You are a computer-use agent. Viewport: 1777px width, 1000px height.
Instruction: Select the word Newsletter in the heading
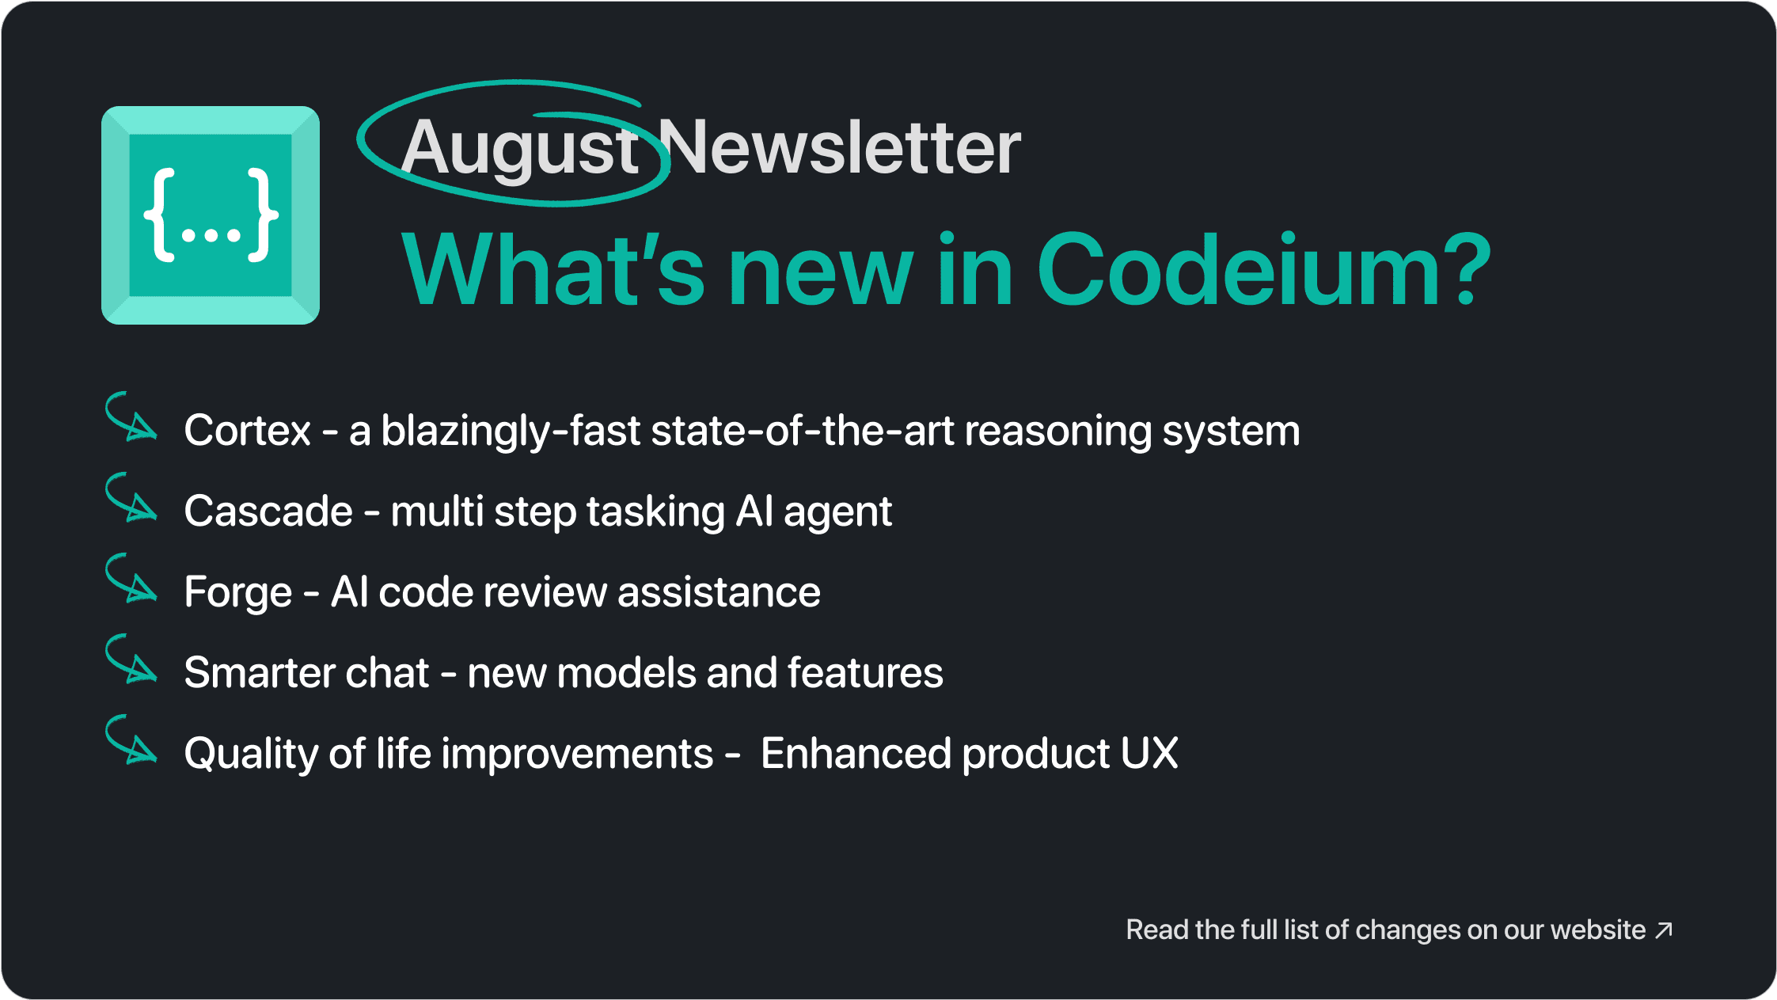(840, 146)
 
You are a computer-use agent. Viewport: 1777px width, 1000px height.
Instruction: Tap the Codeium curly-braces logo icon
(211, 215)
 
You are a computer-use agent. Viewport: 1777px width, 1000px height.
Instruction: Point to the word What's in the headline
(552, 269)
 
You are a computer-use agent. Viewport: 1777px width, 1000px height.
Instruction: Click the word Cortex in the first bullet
(248, 431)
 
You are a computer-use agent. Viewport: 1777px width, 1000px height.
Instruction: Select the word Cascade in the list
(268, 511)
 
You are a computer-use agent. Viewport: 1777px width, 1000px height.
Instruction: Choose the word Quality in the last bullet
(251, 755)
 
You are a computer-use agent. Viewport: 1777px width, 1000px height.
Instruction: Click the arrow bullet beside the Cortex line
(131, 417)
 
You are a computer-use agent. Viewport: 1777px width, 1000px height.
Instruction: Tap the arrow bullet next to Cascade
(131, 498)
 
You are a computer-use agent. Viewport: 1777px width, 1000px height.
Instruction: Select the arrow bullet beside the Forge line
(131, 579)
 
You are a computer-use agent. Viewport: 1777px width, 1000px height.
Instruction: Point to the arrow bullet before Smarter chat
(131, 660)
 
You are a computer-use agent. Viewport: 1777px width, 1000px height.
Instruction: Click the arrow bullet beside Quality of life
(131, 740)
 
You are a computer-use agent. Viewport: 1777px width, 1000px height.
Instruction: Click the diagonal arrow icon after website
(1664, 930)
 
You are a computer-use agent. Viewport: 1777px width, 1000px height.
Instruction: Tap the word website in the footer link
(1598, 930)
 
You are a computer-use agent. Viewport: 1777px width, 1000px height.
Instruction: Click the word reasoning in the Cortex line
(1058, 432)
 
